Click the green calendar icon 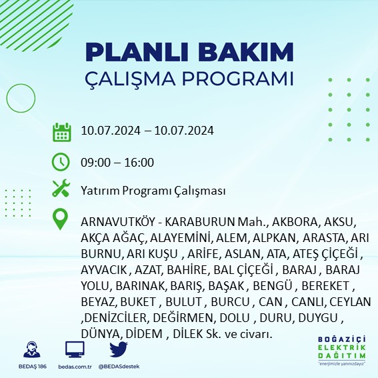[x=61, y=131]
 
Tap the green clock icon [x=61, y=161]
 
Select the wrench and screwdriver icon [x=61, y=189]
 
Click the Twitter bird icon [x=119, y=349]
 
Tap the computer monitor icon [x=75, y=349]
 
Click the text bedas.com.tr [x=75, y=367]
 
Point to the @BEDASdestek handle [x=119, y=367]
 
